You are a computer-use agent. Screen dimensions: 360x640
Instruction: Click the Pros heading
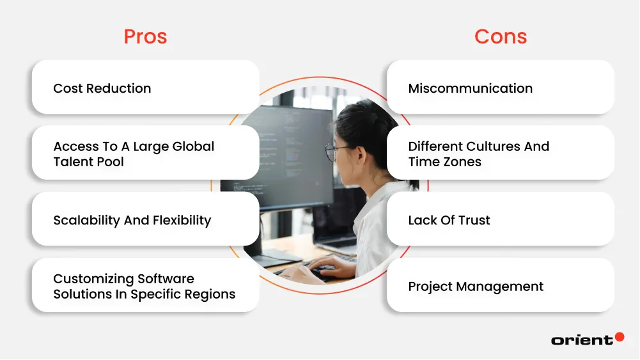click(145, 36)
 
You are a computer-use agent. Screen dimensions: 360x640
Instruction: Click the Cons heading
click(501, 36)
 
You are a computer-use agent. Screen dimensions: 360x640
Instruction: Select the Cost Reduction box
click(145, 88)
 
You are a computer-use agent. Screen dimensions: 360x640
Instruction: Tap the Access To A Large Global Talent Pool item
click(145, 153)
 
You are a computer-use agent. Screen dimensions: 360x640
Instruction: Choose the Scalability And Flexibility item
click(145, 220)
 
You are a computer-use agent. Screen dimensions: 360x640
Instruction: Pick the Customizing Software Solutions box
click(145, 286)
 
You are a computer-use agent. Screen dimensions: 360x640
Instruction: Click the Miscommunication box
click(501, 88)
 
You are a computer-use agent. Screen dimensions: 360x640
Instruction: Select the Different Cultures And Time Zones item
click(501, 153)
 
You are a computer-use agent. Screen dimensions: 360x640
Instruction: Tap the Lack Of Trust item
click(501, 220)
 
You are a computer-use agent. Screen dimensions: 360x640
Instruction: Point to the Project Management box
click(501, 286)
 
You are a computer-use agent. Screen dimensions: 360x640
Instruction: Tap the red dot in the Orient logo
click(619, 337)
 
